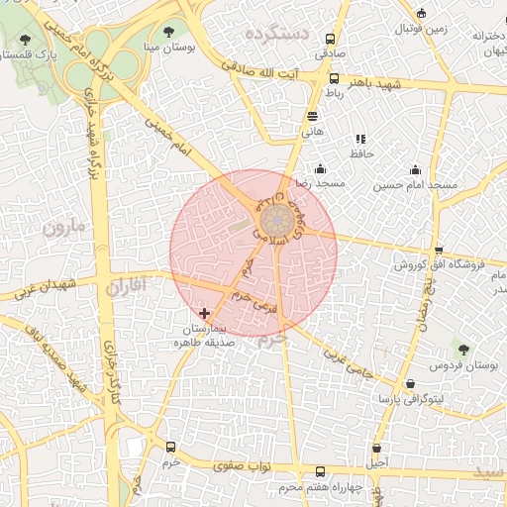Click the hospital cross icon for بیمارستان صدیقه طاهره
pos(205,313)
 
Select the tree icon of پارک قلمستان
pos(24,40)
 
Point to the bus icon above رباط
pos(333,78)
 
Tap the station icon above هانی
pos(312,116)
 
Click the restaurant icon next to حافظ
pos(360,139)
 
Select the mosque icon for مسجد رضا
pos(319,169)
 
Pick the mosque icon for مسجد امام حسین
pos(415,169)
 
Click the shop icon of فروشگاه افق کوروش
pos(439,250)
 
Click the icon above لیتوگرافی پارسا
pos(410,383)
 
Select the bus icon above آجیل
pos(376,449)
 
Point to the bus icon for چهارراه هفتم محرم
pos(319,472)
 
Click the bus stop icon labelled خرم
pos(172,448)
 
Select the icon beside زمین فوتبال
pos(422,14)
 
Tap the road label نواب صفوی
pos(242,464)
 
